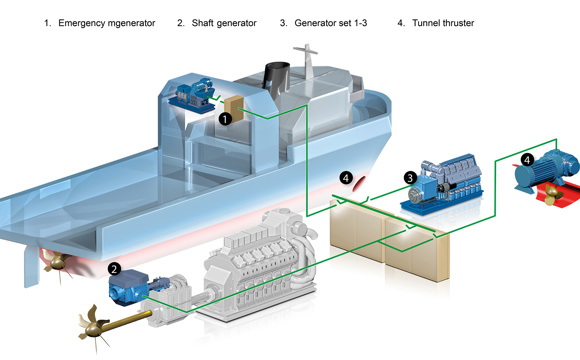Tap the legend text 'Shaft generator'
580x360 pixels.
(x=224, y=23)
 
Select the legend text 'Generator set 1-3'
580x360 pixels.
(x=331, y=23)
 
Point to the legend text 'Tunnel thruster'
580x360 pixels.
(x=443, y=23)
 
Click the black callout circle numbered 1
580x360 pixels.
(x=225, y=119)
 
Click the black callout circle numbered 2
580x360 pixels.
(x=114, y=269)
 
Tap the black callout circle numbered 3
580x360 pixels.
(x=409, y=178)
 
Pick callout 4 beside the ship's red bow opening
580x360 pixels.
(x=345, y=178)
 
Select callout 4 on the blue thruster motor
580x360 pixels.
(x=527, y=160)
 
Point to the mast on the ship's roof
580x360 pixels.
(x=307, y=61)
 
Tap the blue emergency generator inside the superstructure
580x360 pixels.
(x=192, y=95)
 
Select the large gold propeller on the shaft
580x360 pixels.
(x=93, y=325)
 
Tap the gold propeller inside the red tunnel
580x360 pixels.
(x=553, y=194)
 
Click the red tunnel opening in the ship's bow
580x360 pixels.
(x=359, y=184)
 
